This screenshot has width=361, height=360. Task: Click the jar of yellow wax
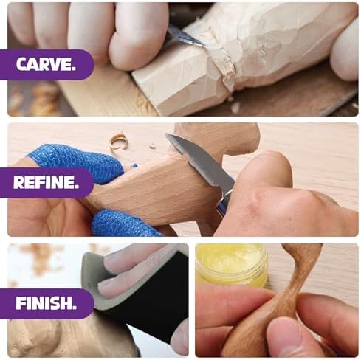231,264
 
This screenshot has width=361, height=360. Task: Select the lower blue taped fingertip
123,224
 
